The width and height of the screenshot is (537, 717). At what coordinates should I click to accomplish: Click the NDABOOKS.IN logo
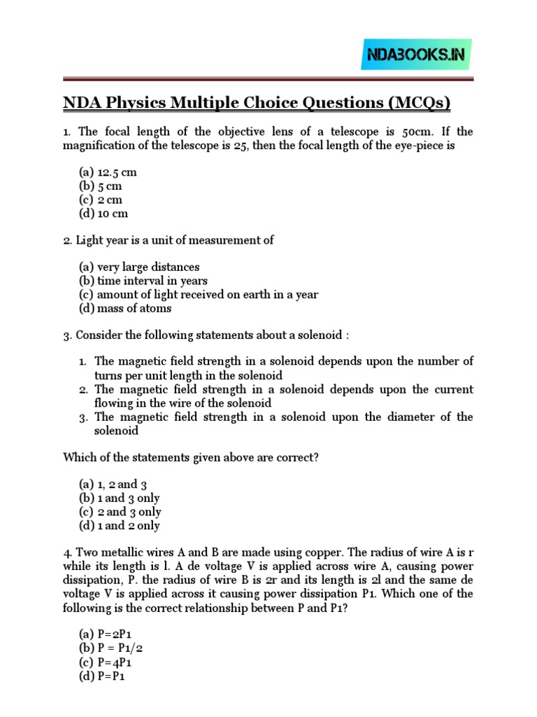416,55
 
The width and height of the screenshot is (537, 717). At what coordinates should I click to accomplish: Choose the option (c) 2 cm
99,200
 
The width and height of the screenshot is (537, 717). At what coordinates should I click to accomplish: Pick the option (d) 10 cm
103,214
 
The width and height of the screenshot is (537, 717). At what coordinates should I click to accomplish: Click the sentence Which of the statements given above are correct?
191,457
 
